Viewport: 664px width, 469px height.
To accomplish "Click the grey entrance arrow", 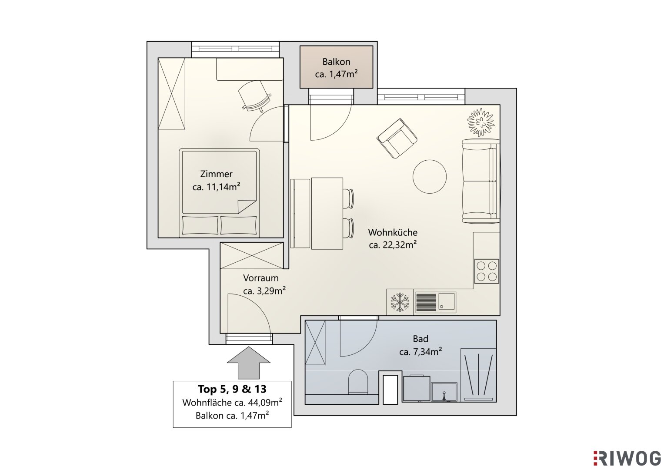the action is click(248, 363).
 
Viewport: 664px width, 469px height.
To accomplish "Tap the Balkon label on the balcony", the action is click(336, 62).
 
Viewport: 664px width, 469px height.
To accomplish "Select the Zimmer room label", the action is click(216, 174).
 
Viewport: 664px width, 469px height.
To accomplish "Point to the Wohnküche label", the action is click(393, 232).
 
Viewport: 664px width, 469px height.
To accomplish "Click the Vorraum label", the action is click(261, 278).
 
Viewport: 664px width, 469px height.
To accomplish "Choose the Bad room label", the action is click(420, 338).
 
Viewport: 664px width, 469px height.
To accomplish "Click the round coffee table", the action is click(430, 177).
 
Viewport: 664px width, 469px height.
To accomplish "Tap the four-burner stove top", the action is click(487, 271).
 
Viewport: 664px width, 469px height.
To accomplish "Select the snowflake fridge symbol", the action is click(400, 302).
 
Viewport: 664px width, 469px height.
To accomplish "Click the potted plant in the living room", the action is click(481, 122).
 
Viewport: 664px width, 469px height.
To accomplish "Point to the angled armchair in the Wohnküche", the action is click(397, 138).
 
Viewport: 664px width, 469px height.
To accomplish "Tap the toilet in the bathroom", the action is click(358, 382).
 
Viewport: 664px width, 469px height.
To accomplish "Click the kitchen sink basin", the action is click(447, 303).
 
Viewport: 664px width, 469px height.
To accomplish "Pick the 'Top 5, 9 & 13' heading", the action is click(232, 389).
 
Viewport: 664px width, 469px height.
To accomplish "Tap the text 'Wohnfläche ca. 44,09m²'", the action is click(232, 403).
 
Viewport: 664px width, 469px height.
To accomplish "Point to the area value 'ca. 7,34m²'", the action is click(420, 352).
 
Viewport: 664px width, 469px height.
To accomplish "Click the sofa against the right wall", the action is click(481, 181).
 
